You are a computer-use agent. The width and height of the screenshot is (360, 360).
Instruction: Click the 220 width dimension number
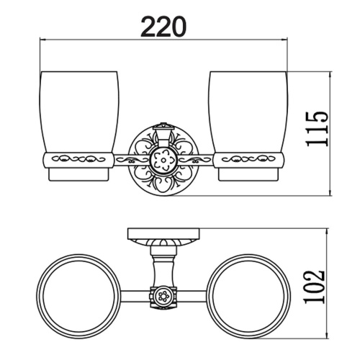[x=163, y=27]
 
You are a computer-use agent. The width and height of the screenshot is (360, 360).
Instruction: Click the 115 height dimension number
[x=316, y=129]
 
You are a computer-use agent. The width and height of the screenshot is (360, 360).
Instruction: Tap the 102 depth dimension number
[x=315, y=287]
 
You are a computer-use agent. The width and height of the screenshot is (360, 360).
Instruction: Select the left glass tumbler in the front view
[x=78, y=126]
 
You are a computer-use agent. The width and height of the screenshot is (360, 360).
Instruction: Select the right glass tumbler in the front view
[x=248, y=126]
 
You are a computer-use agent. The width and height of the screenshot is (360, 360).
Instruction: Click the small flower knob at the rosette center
[x=163, y=160]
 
